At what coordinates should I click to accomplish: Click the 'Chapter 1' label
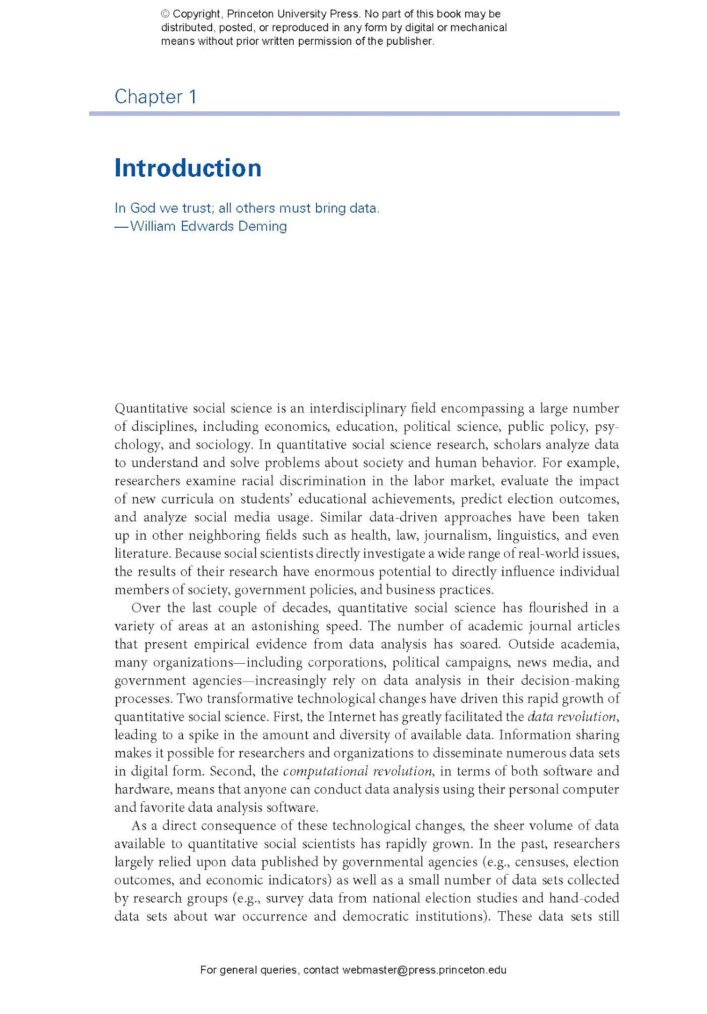point(156,97)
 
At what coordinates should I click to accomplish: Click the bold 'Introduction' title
point(188,168)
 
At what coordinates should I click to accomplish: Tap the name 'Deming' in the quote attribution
point(262,226)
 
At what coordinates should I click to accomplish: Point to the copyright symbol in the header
point(165,14)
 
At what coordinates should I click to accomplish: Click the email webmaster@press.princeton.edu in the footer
point(424,970)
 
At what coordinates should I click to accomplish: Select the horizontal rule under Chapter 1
point(354,114)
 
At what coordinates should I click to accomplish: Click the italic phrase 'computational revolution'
point(358,771)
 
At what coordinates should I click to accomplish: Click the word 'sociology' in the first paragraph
point(223,445)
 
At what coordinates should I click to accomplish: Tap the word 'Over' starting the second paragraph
point(146,608)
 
